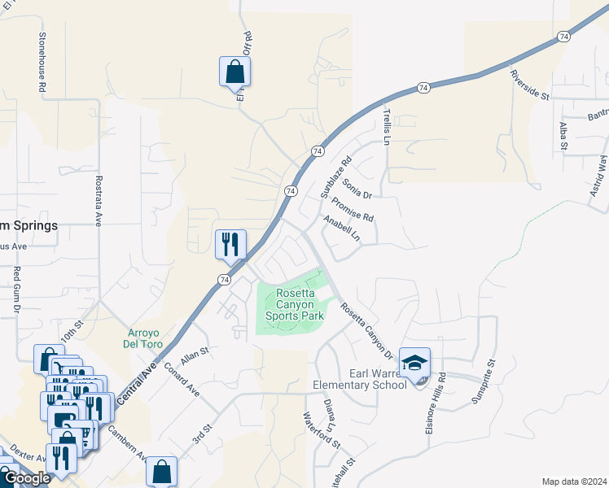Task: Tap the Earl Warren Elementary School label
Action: tap(360, 379)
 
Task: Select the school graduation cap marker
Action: tap(414, 364)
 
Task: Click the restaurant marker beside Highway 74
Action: tap(230, 244)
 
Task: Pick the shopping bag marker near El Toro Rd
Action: tap(234, 72)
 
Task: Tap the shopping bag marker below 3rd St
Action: tap(161, 471)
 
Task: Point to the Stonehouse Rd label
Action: tap(41, 61)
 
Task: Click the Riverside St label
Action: tap(530, 85)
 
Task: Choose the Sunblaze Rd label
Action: tap(335, 177)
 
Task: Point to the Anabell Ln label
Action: tap(341, 229)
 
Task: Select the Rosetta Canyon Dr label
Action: tap(366, 331)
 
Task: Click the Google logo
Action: tap(27, 478)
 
